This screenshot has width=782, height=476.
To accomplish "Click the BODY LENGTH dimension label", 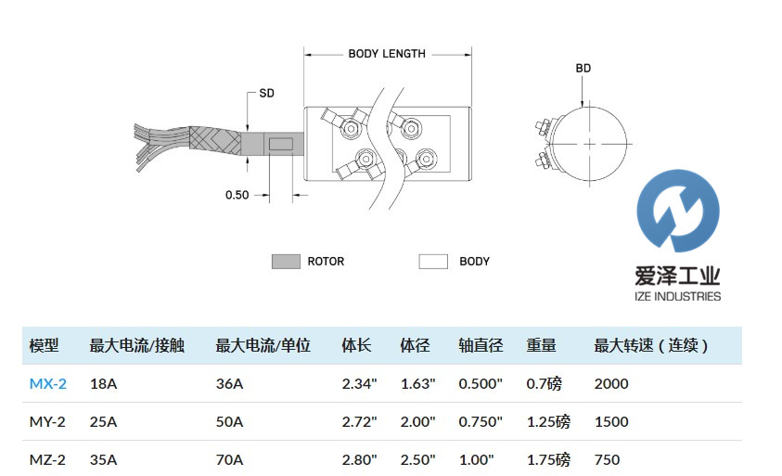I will [387, 53].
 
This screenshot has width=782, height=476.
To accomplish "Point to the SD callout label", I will [266, 94].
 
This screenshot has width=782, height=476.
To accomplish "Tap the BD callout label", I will [583, 68].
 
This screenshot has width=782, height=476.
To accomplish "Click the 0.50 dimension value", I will [237, 195].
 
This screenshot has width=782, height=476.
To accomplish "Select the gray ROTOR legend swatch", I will [286, 262].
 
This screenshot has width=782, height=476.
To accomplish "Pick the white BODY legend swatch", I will [433, 262].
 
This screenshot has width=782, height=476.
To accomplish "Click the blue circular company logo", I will [678, 211].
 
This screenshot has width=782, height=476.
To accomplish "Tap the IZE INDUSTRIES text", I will [677, 296].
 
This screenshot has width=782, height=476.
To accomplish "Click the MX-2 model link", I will [47, 383].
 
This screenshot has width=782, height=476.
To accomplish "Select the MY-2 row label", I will [47, 421].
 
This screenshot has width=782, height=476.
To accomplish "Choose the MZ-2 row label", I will [47, 459].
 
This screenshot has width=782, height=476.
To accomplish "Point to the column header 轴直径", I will [481, 346].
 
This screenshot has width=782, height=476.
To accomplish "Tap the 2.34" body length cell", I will [359, 383].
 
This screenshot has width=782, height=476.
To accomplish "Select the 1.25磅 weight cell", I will [548, 421].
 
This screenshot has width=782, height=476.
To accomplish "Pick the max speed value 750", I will [607, 459].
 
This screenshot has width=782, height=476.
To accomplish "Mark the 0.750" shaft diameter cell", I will [481, 421].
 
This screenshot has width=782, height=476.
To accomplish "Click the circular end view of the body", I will [591, 144].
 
